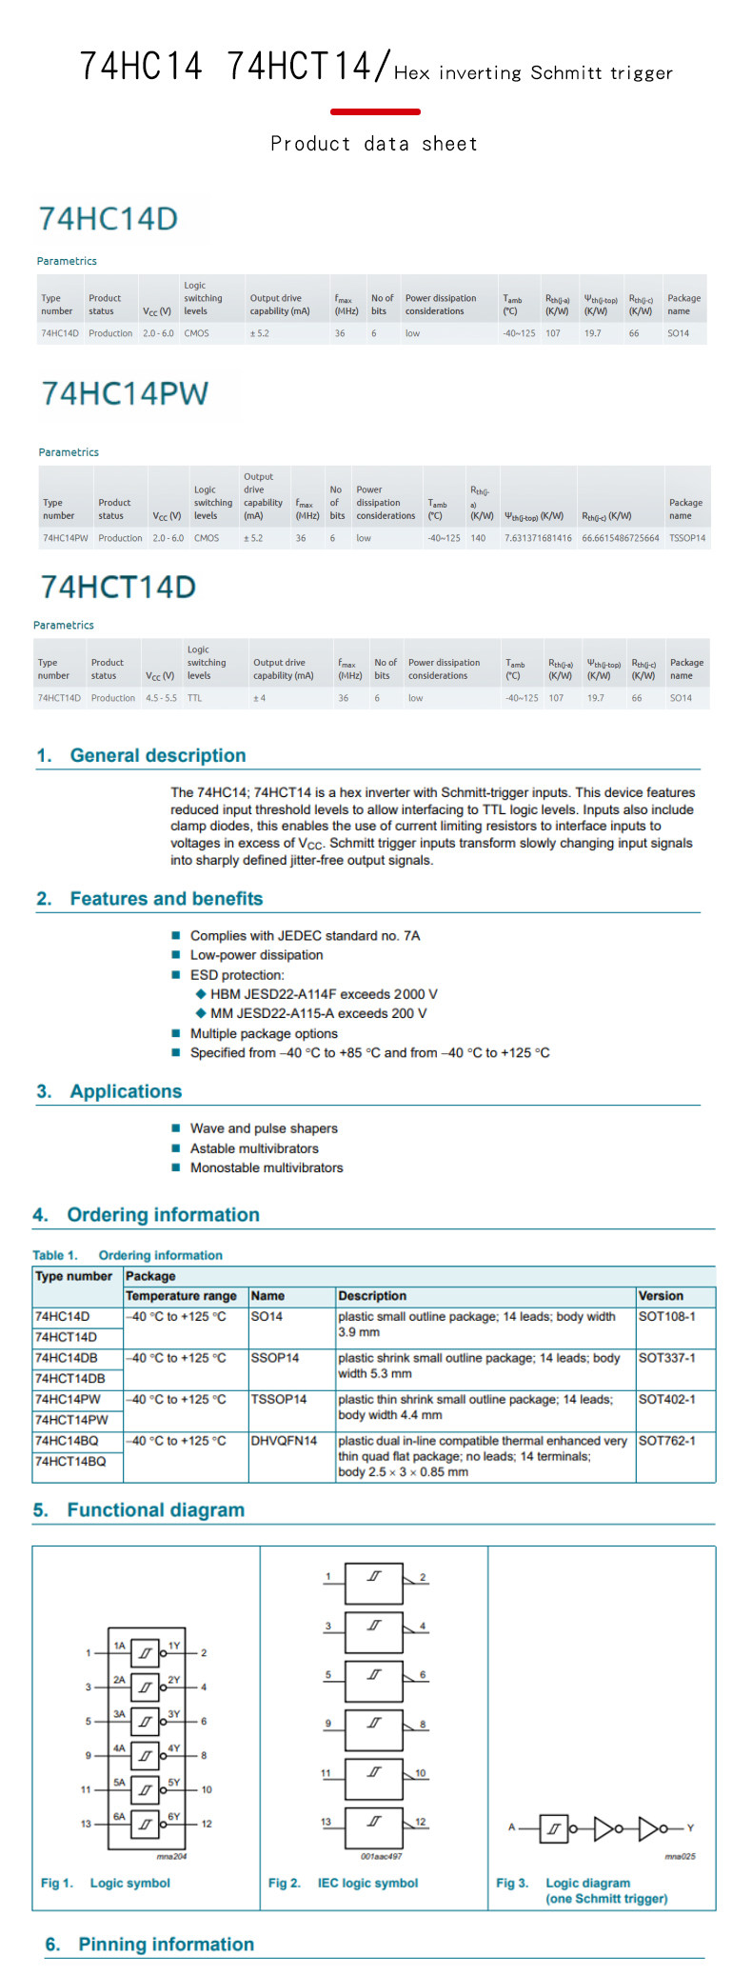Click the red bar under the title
click(375, 111)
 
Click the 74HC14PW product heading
click(125, 393)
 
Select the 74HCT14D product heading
click(118, 587)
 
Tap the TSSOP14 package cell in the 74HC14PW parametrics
click(686, 538)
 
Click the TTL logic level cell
click(194, 698)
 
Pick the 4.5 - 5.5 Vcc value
click(161, 698)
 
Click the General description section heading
click(157, 755)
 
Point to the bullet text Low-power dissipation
click(256, 955)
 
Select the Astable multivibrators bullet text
click(254, 1148)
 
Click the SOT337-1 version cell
click(666, 1358)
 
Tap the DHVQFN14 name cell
click(284, 1441)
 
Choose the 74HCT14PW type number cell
click(71, 1420)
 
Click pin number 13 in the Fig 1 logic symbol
click(86, 1824)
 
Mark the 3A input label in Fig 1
click(119, 1713)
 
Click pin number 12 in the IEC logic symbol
click(421, 1822)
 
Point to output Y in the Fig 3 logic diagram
click(690, 1827)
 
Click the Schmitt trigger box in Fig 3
click(554, 1828)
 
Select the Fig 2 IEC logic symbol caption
click(343, 1883)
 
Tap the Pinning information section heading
click(166, 1945)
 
